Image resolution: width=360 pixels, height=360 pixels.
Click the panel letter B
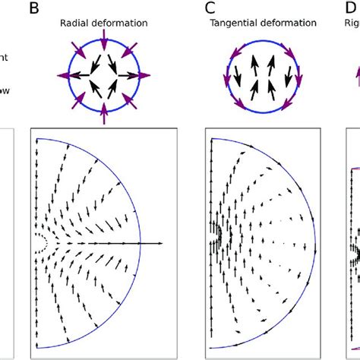pos(35,9)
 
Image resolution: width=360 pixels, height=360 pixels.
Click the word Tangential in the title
pos(233,24)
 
